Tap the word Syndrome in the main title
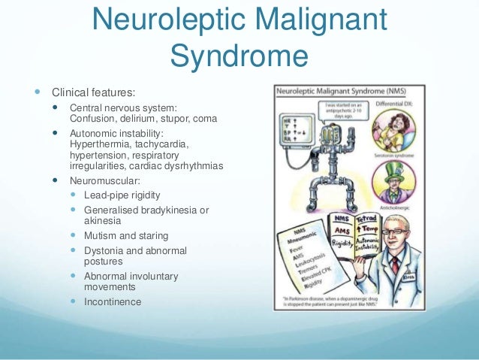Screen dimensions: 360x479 point(239,55)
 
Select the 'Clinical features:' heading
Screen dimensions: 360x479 point(94,93)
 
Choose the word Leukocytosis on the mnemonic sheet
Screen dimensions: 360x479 point(303,256)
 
